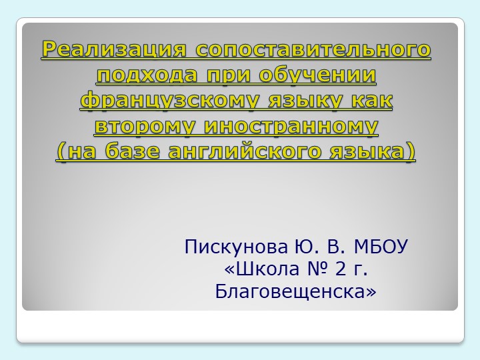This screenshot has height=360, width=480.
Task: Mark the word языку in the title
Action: coord(299,101)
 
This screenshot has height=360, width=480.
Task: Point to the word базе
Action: coord(131,152)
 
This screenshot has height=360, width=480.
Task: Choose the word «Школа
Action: coord(258,270)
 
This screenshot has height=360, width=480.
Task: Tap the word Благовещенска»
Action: coord(296,291)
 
